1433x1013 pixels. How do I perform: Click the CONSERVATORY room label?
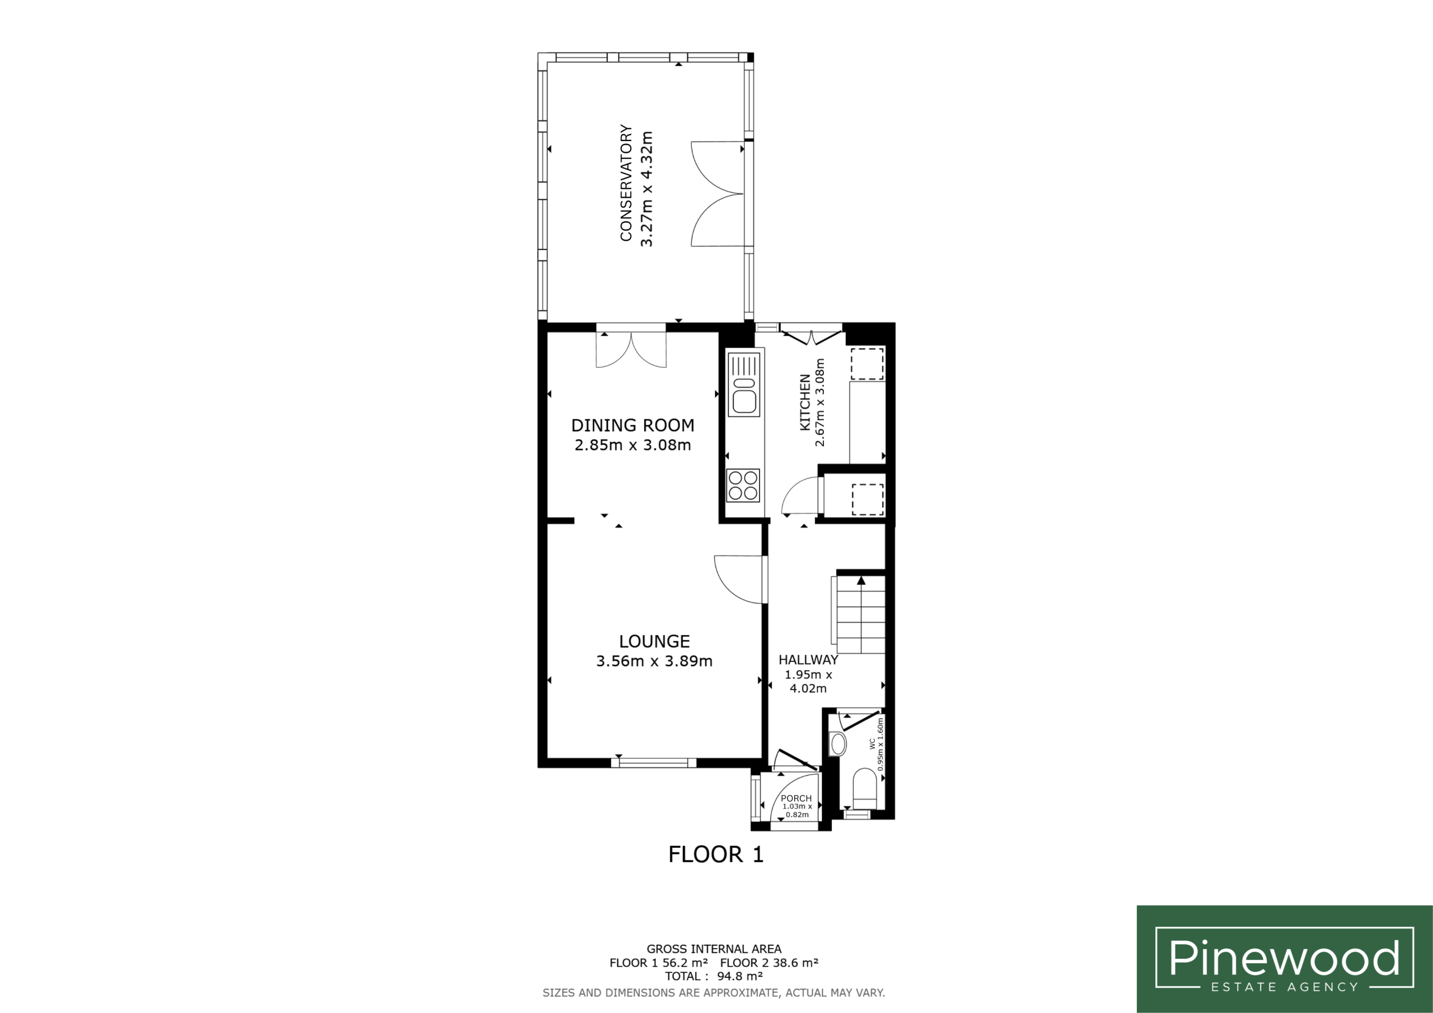click(626, 182)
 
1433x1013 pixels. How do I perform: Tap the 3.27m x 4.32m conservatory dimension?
click(646, 189)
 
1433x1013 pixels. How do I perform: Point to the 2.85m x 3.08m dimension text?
click(633, 445)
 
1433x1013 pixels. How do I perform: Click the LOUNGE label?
click(654, 641)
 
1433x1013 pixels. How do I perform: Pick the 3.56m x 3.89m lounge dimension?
click(654, 661)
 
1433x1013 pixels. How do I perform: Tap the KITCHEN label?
click(805, 402)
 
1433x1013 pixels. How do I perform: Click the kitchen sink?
click(744, 384)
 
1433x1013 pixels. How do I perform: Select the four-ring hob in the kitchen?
click(743, 486)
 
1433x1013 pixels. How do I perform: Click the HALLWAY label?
click(808, 659)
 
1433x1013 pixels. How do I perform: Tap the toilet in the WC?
click(864, 790)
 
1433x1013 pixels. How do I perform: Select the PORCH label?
click(797, 798)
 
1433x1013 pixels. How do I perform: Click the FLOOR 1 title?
click(716, 855)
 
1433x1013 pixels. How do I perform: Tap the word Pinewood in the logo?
click(1285, 958)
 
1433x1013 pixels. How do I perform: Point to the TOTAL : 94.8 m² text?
click(714, 976)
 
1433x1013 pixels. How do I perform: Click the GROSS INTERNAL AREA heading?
click(714, 949)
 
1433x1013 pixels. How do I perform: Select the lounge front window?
click(653, 762)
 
